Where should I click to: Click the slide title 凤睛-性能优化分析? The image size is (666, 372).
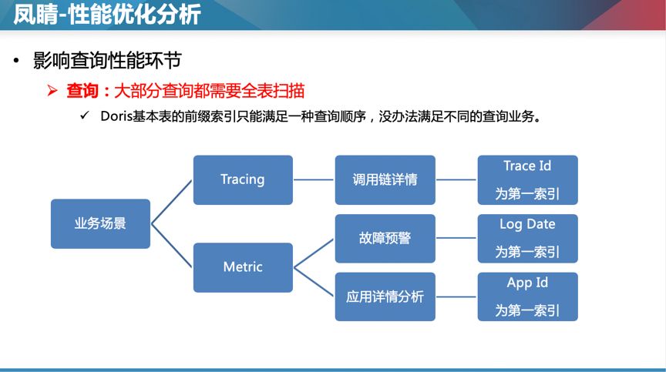107,14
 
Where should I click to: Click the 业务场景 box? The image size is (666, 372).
100,224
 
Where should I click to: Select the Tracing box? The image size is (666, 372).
243,179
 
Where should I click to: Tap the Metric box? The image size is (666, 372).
243,267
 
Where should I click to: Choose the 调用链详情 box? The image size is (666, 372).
385,179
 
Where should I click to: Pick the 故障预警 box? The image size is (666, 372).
385,239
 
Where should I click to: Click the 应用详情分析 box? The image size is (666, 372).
385,297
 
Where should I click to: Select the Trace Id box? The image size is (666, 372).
527,179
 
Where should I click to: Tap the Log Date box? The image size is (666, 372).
527,239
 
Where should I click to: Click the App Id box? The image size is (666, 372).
527,297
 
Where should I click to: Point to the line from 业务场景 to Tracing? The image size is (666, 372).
172,202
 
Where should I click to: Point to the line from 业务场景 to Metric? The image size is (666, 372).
172,246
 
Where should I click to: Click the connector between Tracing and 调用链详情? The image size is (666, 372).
314,180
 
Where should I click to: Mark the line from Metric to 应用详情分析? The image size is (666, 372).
314,282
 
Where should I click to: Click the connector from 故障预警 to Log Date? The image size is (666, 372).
456,239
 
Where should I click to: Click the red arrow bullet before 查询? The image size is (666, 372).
52,91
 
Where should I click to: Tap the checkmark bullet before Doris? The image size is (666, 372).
85,116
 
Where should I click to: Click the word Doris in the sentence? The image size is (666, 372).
116,117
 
